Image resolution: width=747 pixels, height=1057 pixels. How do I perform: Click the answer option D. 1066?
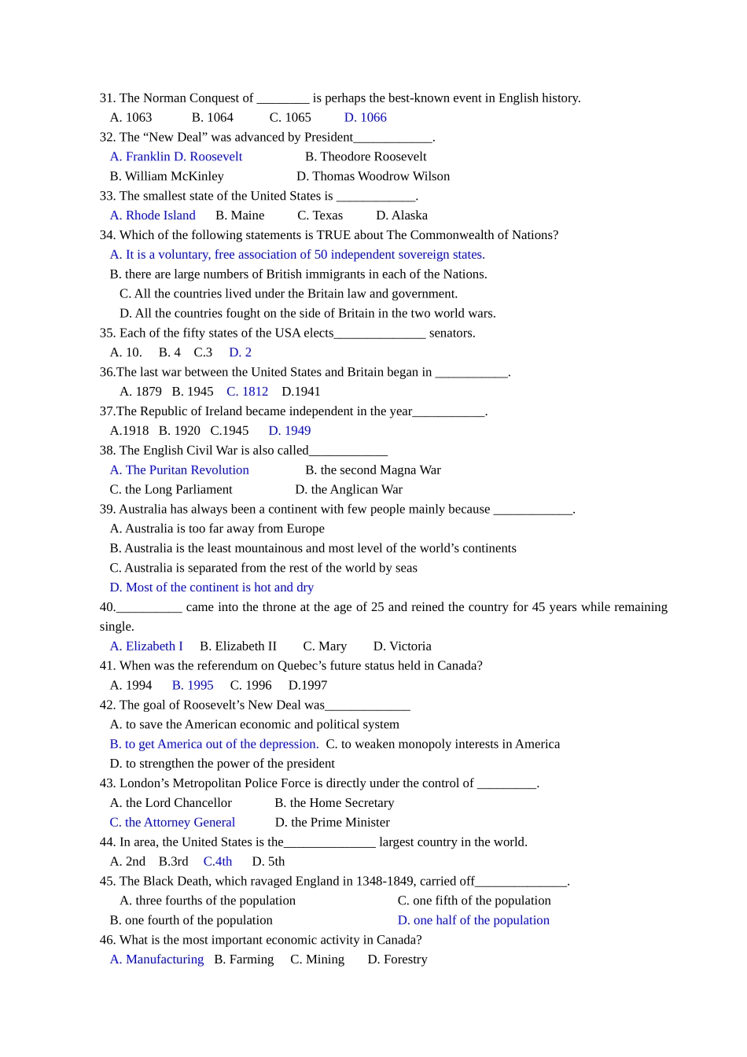365,117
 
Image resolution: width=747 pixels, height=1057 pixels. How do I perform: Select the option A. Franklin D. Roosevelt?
176,157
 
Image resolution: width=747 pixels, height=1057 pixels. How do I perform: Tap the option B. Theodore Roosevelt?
366,157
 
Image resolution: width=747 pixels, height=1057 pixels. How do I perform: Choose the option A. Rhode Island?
153,215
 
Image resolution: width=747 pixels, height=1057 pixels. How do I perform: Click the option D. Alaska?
401,215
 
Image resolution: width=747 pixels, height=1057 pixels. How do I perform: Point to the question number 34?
107,235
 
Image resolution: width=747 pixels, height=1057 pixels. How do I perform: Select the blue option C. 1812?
247,392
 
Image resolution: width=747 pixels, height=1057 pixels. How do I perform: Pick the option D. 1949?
289,431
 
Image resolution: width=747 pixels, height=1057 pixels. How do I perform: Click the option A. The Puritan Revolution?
179,470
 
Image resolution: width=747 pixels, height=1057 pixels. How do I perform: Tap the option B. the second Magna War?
373,470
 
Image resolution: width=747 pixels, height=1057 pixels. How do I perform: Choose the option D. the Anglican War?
348,490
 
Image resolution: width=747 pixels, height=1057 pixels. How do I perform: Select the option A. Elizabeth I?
146,646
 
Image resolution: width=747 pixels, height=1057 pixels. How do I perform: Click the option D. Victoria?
402,646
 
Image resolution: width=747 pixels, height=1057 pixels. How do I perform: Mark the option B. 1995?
193,686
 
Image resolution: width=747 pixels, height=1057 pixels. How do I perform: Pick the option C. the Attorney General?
172,823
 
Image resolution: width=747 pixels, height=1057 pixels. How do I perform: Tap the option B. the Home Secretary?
334,803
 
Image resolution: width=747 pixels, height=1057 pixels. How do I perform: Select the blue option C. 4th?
218,862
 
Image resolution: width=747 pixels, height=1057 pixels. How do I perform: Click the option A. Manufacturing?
156,959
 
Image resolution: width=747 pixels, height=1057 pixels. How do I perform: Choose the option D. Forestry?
397,959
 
